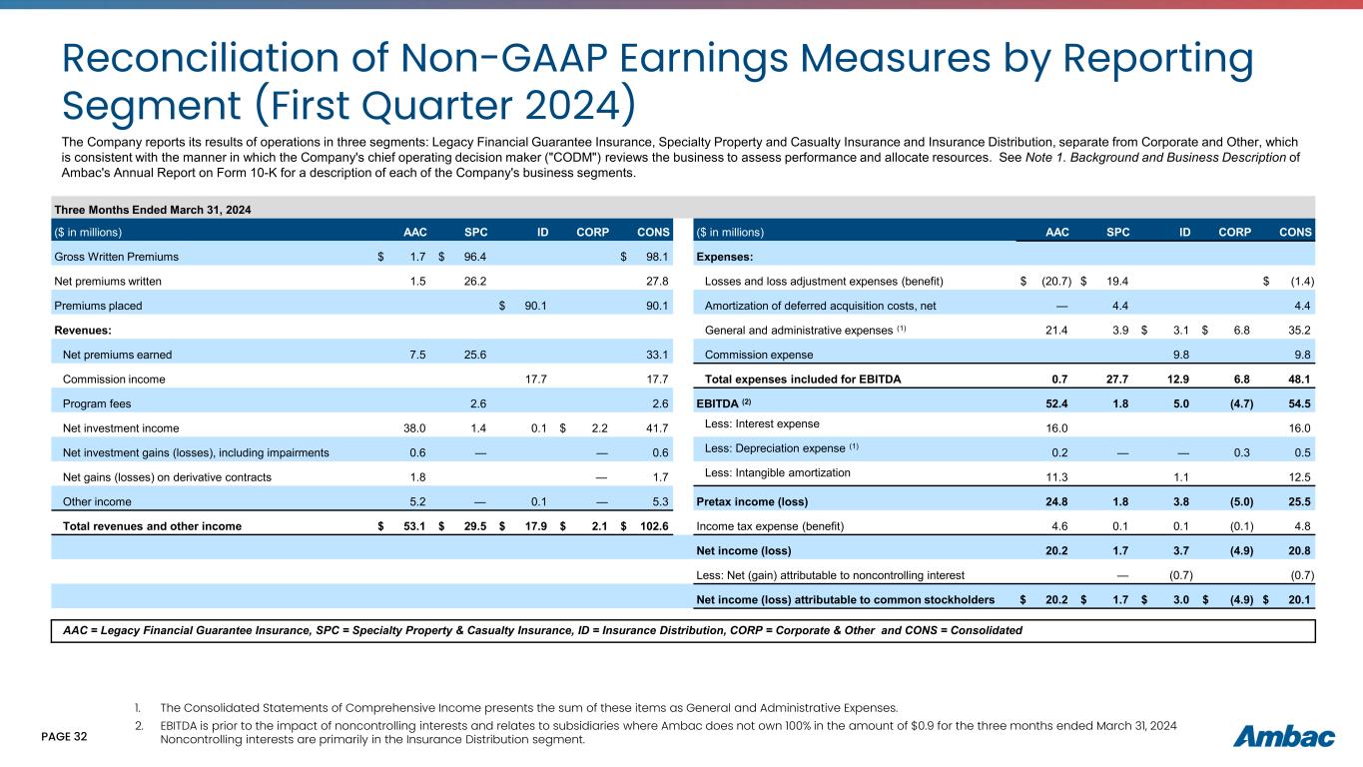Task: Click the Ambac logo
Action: click(x=1283, y=737)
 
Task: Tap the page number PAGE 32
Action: click(x=65, y=737)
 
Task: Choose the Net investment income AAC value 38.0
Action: click(x=412, y=428)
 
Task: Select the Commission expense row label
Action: click(x=759, y=354)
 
